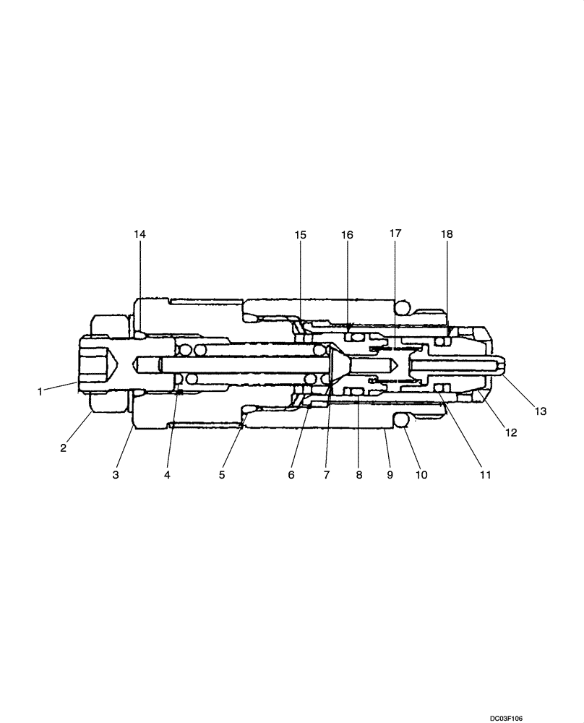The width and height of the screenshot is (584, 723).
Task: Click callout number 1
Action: (x=40, y=391)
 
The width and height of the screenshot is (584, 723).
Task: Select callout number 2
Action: (x=63, y=448)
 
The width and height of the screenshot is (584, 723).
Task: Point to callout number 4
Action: (x=168, y=475)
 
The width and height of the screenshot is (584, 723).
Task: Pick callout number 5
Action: (x=222, y=475)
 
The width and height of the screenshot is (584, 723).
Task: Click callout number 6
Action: (x=291, y=475)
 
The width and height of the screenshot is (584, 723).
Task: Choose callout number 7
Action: (x=326, y=475)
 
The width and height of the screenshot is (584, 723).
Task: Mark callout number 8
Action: (x=358, y=475)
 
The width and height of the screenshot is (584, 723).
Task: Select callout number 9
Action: (x=390, y=475)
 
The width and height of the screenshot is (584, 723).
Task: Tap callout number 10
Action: (x=421, y=475)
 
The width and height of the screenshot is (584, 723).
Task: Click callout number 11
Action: (x=485, y=475)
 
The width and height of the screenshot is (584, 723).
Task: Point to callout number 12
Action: (x=511, y=432)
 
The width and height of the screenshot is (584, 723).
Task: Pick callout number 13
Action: (x=541, y=411)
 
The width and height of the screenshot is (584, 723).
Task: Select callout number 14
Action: (x=139, y=234)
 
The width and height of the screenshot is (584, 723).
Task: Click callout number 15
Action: (x=300, y=234)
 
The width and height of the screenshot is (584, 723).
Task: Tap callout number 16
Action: (x=347, y=234)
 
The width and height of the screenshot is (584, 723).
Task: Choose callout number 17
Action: (x=395, y=234)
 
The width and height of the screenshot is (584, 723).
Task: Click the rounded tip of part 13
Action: (x=503, y=368)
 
